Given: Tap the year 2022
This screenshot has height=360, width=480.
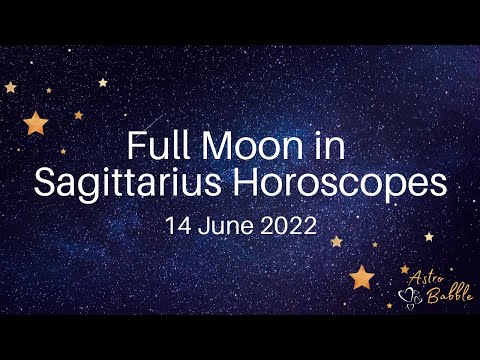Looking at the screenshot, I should [x=287, y=225].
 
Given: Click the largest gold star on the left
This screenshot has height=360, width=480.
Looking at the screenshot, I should [x=37, y=123].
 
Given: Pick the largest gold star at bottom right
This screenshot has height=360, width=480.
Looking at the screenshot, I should [x=361, y=275].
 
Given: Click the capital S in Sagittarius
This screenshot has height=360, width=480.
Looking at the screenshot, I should [x=45, y=185].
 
